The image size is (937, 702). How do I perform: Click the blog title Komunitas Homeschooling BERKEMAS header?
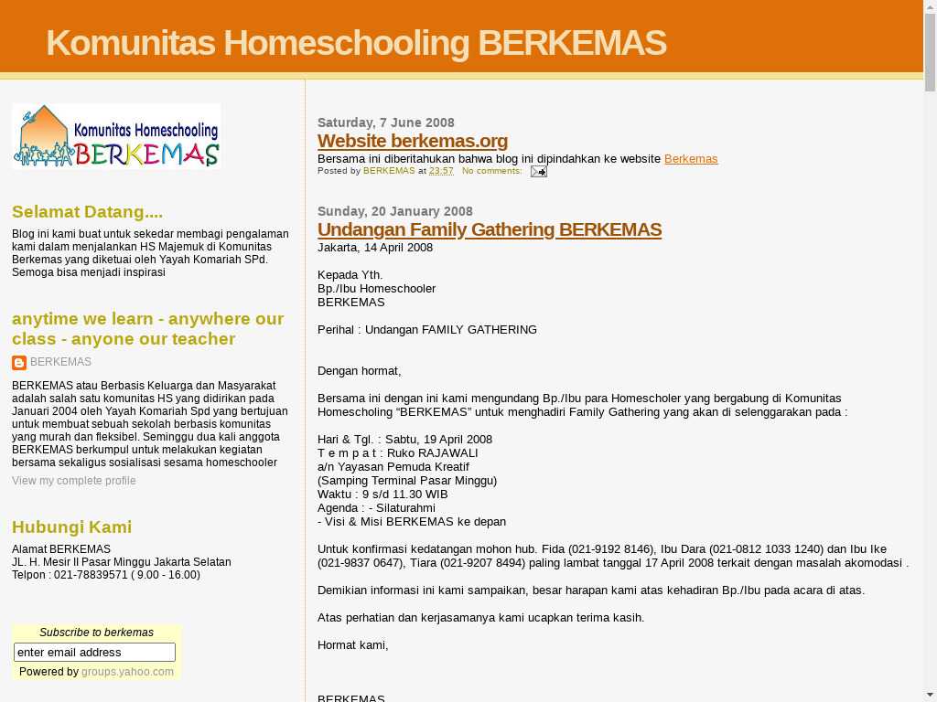pos(356,43)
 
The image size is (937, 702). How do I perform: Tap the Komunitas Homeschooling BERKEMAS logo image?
pos(116,136)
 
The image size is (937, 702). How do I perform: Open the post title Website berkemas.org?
pos(413,141)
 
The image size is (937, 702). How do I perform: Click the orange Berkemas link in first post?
pos(691,159)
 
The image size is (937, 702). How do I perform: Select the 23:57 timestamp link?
pos(441,171)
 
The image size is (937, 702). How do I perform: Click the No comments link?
pos(492,171)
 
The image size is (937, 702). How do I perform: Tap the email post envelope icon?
pos(539,171)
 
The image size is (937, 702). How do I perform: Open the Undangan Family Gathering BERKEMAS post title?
pos(490,229)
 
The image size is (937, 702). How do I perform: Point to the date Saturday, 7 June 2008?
pos(386,122)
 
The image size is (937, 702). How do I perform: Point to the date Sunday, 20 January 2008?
pos(395,211)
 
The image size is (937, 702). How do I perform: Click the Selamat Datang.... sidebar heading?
pos(87,212)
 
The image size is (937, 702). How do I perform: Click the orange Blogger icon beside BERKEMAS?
pos(19,363)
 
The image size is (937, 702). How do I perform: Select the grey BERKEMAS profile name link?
pos(60,362)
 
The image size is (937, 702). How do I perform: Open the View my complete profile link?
pos(73,481)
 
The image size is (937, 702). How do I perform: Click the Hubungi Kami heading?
pos(71,527)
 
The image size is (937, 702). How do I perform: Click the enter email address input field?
pos(94,652)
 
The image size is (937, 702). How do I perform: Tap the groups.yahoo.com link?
pos(127,672)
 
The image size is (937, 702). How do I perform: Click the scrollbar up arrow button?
pos(930,7)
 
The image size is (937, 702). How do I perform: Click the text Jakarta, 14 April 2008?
pos(375,248)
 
